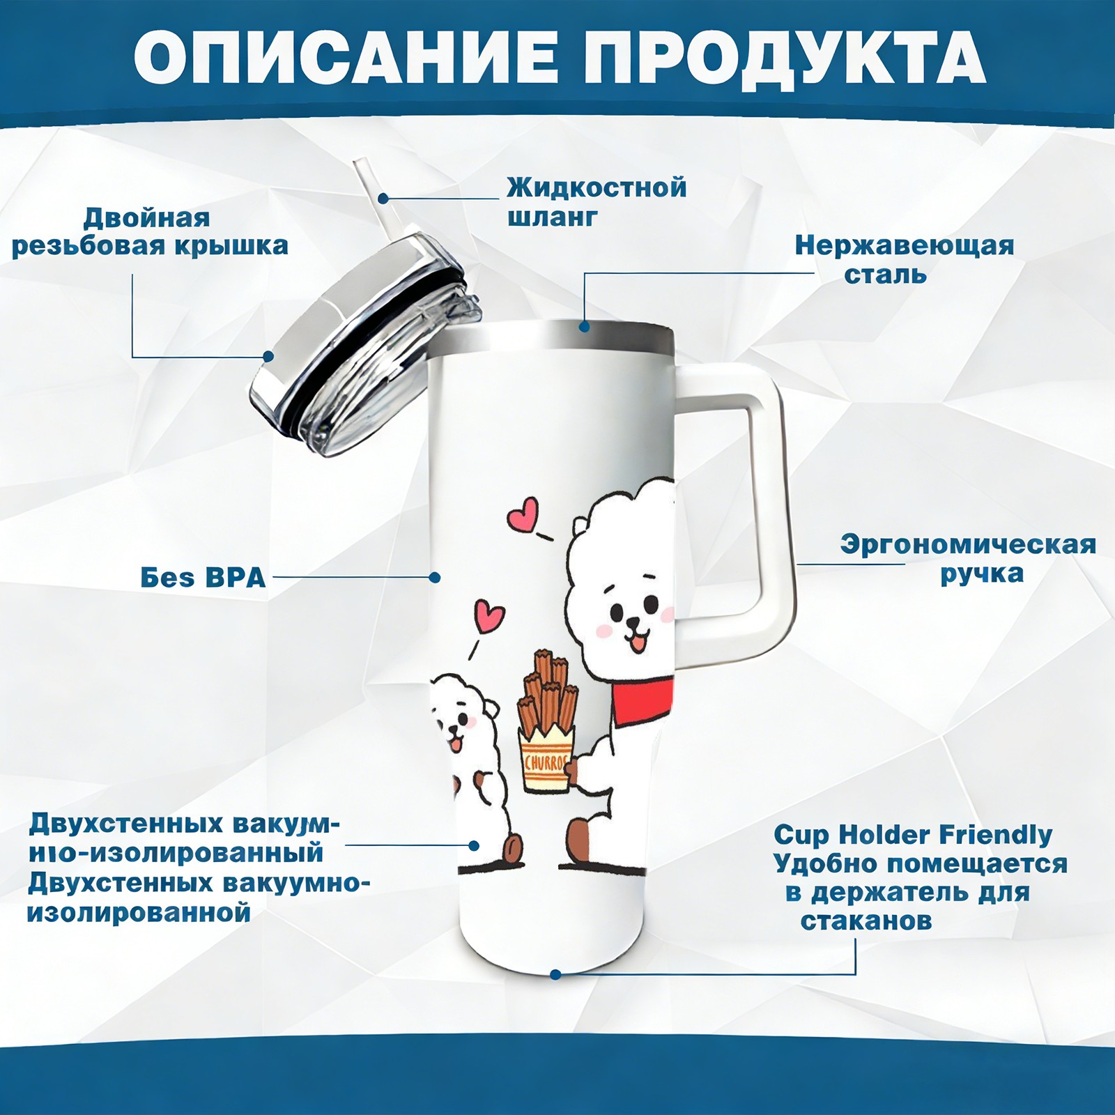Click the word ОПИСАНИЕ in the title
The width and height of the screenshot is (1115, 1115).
(x=346, y=58)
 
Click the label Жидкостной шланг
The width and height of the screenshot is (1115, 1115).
(x=597, y=201)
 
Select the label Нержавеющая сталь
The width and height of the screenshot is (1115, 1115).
(x=905, y=259)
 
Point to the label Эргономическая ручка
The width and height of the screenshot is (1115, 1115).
(x=969, y=559)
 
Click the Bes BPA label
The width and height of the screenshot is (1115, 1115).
(x=203, y=578)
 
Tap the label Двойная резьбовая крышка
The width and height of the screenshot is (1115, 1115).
(x=150, y=231)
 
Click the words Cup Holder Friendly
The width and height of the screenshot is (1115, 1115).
(x=913, y=834)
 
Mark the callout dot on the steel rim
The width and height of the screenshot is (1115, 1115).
(x=584, y=326)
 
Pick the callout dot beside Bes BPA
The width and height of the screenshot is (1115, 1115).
(x=435, y=577)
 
